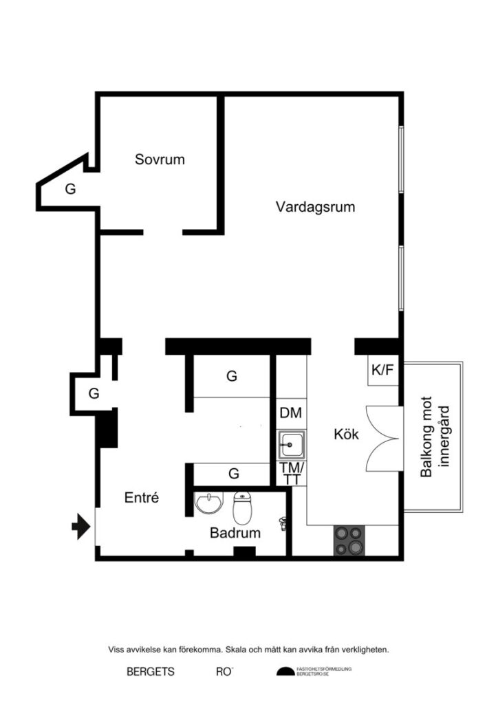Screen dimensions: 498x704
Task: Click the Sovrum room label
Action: click(x=160, y=159)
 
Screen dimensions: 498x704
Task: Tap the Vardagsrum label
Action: click(x=315, y=207)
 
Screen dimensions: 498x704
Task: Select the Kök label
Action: click(x=346, y=434)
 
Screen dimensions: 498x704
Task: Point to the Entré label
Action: click(x=142, y=498)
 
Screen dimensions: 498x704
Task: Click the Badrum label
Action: click(x=235, y=533)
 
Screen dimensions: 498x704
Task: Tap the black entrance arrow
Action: click(x=81, y=526)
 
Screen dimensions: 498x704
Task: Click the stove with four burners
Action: click(x=349, y=540)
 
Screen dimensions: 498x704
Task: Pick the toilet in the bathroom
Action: click(x=243, y=508)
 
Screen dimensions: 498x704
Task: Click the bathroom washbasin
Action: click(x=209, y=503)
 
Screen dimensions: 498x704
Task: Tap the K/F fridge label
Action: click(x=382, y=370)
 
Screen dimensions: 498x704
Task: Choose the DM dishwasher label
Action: click(x=291, y=413)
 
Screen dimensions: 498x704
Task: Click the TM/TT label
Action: click(x=292, y=474)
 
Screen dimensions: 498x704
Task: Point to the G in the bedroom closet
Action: click(x=70, y=189)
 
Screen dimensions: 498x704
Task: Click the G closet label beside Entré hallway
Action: click(x=94, y=393)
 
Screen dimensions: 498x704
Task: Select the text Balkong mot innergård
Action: click(x=434, y=437)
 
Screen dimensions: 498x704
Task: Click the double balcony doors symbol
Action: click(x=382, y=438)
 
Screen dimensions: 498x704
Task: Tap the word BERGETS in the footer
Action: click(x=151, y=672)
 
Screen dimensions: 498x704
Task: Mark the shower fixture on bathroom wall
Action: click(x=283, y=523)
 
